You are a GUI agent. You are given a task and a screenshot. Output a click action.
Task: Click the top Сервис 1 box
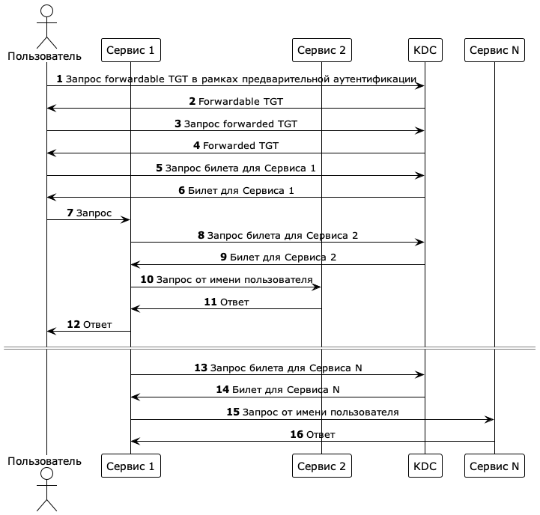click(x=130, y=50)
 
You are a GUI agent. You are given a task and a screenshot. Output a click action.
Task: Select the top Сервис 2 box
click(x=321, y=50)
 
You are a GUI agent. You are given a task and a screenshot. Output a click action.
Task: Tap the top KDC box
click(x=424, y=50)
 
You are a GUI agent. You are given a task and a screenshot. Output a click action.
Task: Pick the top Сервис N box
click(x=494, y=50)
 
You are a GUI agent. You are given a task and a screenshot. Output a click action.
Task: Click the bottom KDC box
click(x=424, y=466)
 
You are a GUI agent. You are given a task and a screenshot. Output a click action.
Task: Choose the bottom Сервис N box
click(x=494, y=466)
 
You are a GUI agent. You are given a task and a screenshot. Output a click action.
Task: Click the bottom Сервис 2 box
click(x=321, y=466)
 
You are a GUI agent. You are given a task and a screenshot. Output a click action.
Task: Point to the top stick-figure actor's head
click(x=46, y=10)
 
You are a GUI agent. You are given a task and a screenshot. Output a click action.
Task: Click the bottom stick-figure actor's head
click(x=46, y=475)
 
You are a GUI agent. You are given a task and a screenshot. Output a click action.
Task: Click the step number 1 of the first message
click(x=59, y=79)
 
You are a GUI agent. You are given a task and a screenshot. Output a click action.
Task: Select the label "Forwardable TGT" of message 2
click(x=240, y=101)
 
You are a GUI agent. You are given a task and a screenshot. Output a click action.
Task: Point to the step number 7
click(x=70, y=213)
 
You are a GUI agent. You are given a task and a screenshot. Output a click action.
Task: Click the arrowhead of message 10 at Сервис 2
click(x=317, y=287)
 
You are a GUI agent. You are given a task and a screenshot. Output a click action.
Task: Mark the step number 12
click(x=73, y=324)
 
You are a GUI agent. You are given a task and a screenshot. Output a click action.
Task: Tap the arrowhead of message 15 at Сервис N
click(x=490, y=419)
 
